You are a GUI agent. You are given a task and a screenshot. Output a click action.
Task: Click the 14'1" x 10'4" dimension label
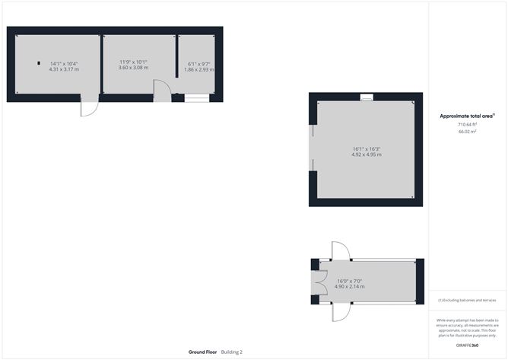coord(65,63)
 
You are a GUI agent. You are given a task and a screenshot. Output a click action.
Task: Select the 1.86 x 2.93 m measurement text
coord(198,69)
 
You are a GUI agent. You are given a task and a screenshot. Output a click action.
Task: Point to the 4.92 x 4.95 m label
coord(366,155)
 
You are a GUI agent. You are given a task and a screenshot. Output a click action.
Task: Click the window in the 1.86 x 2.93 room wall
coord(195,97)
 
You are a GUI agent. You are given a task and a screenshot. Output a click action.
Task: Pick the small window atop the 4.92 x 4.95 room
coord(367,96)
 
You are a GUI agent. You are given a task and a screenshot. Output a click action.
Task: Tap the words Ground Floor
coord(203,352)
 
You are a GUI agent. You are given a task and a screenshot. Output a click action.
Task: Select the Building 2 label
coord(231,352)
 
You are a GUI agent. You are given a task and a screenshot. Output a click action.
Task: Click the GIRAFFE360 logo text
coord(467,345)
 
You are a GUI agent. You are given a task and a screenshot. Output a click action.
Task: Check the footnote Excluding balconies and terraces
coord(467,301)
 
